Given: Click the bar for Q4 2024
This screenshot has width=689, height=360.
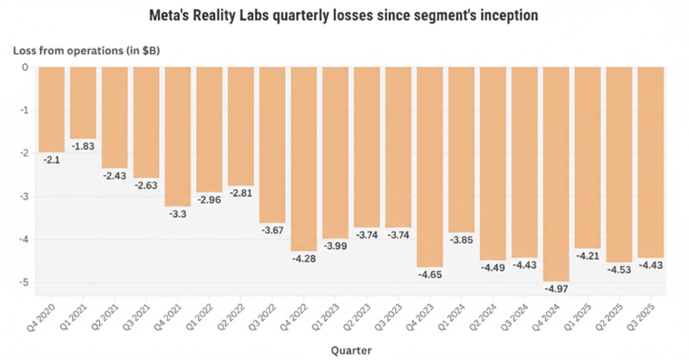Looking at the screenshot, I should point(556,174).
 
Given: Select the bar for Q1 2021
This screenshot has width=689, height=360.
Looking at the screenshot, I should point(83,103).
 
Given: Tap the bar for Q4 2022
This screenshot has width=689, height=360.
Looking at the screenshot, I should point(303,159).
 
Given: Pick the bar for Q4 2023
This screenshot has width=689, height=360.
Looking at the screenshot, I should point(430,166).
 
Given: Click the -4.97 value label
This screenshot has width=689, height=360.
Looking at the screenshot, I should point(556,289).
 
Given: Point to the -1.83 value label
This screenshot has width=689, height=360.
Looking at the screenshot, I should point(83,146).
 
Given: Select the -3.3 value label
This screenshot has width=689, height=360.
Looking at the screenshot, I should point(177,214).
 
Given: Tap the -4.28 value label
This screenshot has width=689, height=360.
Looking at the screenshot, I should point(303,258).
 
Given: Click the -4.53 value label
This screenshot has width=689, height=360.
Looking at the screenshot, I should point(619,270).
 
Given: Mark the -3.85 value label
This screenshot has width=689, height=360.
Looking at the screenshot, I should point(461,240).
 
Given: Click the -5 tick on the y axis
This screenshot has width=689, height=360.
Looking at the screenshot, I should point(25,283).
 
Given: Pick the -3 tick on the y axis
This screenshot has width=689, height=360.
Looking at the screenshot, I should point(25,197).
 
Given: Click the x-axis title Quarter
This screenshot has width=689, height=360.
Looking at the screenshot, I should point(351,350).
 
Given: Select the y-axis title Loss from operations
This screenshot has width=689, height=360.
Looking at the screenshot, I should point(86,50).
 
